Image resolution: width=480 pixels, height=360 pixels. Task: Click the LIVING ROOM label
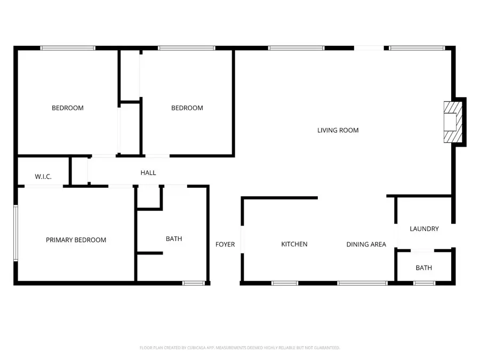click(338, 130)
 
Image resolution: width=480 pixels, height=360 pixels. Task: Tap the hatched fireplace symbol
click(452, 122)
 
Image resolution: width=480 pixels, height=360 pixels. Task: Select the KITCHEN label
click(294, 244)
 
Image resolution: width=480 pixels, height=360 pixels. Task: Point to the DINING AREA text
click(366, 244)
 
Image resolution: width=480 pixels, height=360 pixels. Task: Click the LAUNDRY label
click(424, 229)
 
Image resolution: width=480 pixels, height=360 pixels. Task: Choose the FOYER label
click(225, 244)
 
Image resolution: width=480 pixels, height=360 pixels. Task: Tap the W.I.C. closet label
click(43, 177)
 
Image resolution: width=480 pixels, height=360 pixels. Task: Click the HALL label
click(148, 173)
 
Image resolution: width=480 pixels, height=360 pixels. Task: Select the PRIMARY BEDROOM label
click(76, 240)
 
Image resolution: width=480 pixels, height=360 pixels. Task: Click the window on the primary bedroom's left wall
click(16, 234)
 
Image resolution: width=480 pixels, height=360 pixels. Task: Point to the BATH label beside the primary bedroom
click(174, 239)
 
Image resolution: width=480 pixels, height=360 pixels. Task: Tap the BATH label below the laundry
click(424, 268)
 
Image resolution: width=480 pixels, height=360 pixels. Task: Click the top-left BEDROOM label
click(67, 108)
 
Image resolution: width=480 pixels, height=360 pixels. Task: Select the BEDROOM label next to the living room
click(187, 108)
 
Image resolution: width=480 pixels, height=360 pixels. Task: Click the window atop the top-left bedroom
click(68, 48)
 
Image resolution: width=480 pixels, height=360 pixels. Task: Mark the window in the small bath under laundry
click(425, 283)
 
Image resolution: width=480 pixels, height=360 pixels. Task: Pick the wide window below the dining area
click(362, 283)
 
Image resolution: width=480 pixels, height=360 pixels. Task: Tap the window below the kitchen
click(285, 283)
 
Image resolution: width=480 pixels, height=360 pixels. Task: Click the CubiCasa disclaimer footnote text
click(239, 348)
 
